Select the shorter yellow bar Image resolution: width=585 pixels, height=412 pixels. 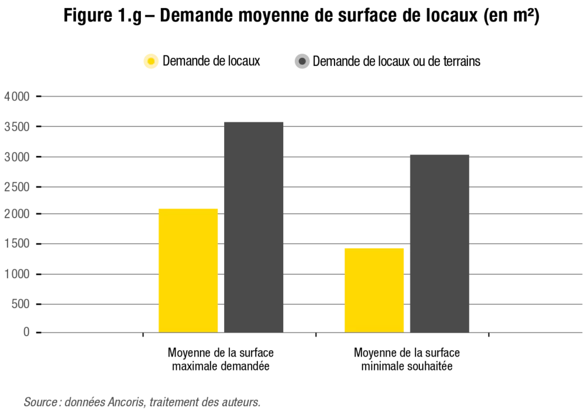tap(374, 290)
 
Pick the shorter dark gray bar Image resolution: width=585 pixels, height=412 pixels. tap(439, 245)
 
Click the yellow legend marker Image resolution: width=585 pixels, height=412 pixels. tap(150, 61)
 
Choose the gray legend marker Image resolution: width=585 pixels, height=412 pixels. tap(301, 61)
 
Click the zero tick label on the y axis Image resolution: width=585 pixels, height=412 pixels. tap(27, 330)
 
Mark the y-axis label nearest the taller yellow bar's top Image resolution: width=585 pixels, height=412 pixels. tap(18, 213)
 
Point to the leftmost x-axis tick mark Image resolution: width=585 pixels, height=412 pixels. tap(143, 335)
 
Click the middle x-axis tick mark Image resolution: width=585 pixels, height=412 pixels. tap(316, 335)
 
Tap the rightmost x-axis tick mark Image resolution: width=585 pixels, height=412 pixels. tap(488, 335)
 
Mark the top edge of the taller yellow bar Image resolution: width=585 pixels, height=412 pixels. tap(187, 207)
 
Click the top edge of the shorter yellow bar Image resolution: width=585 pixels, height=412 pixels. tap(374, 248)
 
